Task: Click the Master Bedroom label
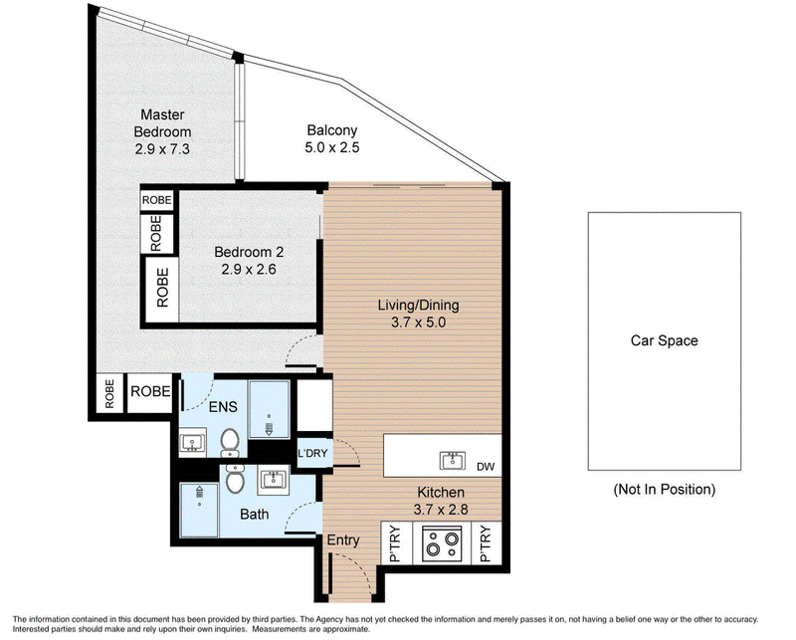tap(162, 123)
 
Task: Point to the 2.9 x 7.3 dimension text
tap(162, 149)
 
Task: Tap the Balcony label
tap(332, 130)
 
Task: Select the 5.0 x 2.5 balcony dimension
tap(332, 148)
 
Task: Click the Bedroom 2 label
tap(249, 252)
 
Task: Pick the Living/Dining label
tap(418, 306)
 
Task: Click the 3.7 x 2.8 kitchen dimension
tap(441, 509)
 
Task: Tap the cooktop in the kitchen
tap(442, 544)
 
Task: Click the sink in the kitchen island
tap(453, 461)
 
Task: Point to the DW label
tap(486, 467)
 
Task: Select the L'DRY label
tap(312, 453)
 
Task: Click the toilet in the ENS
tap(230, 442)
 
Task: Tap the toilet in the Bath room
tap(235, 479)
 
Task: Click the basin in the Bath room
tap(274, 480)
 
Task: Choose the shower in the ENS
tap(269, 409)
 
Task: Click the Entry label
tap(343, 540)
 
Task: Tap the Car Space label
tap(664, 340)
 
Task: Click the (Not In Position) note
tap(665, 490)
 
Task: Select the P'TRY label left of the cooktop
tap(395, 544)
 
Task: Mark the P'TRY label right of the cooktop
tap(486, 544)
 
